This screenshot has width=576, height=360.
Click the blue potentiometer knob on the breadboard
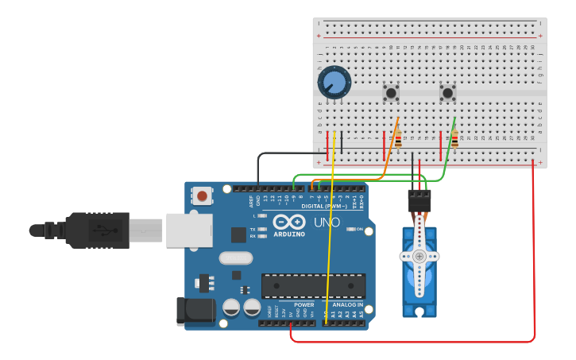point(334,83)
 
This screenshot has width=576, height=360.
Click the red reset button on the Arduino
point(203,195)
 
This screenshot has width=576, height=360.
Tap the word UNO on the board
point(327,222)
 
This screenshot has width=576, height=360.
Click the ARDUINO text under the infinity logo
point(289,234)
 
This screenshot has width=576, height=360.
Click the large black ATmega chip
point(314,285)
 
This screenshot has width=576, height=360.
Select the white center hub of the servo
point(419,256)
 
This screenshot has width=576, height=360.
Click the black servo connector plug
point(419,200)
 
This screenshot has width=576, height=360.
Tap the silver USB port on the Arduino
point(189,230)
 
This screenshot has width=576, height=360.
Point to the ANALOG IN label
point(346,304)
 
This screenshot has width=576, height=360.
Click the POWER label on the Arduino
point(304,304)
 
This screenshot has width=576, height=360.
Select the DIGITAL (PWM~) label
point(323,206)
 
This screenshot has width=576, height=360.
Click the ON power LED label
point(359,229)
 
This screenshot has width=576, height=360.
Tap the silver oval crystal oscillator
point(235,257)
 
